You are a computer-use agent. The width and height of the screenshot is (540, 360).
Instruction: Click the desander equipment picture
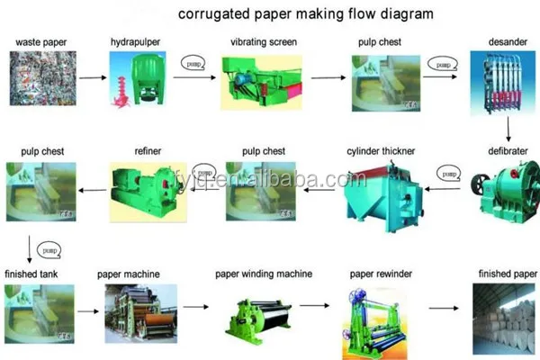[499, 86]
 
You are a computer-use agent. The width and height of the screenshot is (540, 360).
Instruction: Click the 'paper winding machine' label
[264, 273]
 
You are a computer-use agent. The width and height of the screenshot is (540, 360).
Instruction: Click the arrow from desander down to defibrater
[508, 131]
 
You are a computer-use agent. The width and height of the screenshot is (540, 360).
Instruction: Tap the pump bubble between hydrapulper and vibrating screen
[190, 65]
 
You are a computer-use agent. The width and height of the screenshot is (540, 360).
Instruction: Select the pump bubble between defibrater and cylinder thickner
[447, 171]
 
